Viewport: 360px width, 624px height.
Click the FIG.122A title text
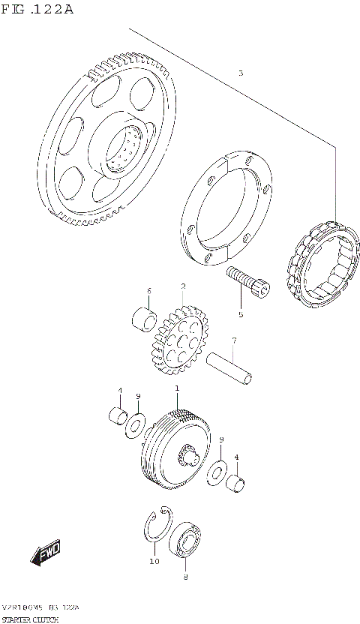pos(37,10)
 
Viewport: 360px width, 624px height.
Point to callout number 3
pos(240,73)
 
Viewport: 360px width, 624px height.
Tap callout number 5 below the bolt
pos(241,313)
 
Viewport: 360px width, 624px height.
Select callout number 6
pos(149,291)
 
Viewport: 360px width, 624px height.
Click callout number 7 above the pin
pos(234,340)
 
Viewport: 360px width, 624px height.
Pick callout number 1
pos(177,388)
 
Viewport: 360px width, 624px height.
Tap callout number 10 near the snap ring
pos(153,560)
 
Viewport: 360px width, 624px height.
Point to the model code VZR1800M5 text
pos(21,606)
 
